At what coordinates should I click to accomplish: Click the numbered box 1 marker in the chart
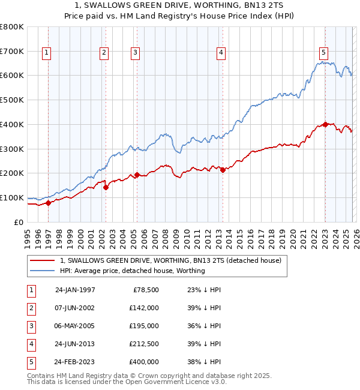pyautogui.click(x=47, y=53)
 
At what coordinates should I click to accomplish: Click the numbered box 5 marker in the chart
pyautogui.click(x=323, y=53)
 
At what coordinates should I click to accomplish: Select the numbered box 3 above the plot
pyautogui.click(x=135, y=53)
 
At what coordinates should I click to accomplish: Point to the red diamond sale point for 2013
pyautogui.click(x=223, y=170)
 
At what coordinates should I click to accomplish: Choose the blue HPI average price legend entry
pyautogui.click(x=132, y=271)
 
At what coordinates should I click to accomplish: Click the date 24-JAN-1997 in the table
pyautogui.click(x=75, y=289)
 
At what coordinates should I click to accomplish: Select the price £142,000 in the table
pyautogui.click(x=144, y=307)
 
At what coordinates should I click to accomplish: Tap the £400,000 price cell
pyautogui.click(x=144, y=362)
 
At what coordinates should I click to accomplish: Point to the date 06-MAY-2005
pyautogui.click(x=75, y=326)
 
